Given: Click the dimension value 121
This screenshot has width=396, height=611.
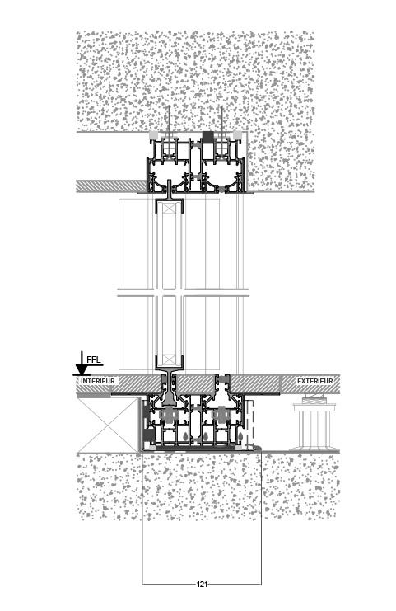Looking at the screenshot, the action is pos(202,584).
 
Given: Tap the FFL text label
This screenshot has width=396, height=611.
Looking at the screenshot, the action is pos(94,359).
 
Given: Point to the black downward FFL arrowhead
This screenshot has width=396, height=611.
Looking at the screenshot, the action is pos(81,369).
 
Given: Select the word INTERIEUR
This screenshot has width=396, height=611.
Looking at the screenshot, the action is pos(98,381).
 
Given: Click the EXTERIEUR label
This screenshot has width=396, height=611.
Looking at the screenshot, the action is pos(315,381).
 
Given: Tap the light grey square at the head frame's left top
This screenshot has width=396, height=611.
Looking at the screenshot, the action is pos(154,135).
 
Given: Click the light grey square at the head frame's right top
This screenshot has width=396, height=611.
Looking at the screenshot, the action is pos(237,135).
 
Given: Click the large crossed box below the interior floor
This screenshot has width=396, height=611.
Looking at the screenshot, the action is pos(108,425).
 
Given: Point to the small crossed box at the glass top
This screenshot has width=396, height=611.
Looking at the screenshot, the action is pos(170,208).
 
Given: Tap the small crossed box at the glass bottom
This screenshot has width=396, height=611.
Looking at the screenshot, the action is pos(170,360).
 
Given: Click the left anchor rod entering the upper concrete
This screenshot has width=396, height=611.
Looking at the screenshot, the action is pos(170,120).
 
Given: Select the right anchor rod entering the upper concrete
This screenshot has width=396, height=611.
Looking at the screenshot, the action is pos(221,120).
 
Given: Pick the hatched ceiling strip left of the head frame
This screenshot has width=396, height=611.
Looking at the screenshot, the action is pos(111,186).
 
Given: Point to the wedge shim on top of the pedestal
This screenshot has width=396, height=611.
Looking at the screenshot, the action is pos(314,399).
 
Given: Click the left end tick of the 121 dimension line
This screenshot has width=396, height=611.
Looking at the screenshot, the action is pos(142,584).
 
